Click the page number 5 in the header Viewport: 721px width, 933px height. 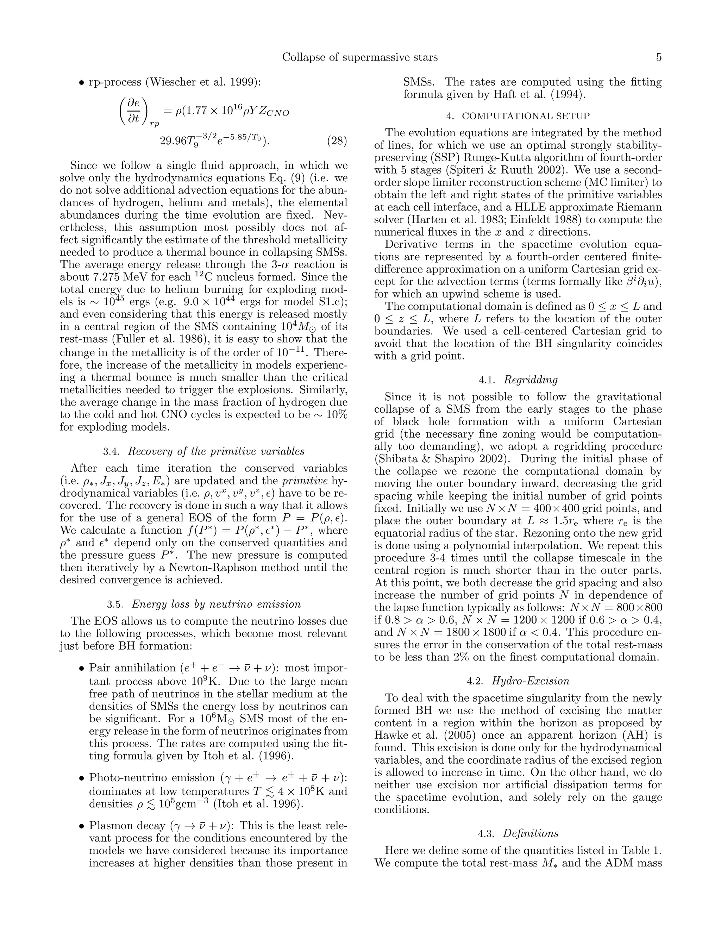[658, 57]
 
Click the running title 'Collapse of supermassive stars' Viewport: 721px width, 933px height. [360, 57]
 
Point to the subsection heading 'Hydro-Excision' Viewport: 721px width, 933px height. [530, 681]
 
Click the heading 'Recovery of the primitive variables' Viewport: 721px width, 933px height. [216, 452]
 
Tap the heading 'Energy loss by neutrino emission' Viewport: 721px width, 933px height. [216, 604]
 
